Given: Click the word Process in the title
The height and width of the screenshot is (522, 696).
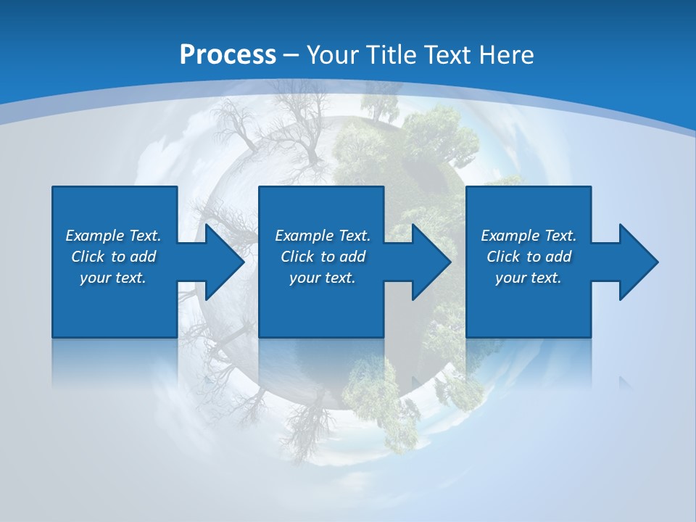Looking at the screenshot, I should [x=228, y=55].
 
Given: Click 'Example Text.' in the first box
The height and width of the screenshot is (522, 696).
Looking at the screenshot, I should [x=113, y=236].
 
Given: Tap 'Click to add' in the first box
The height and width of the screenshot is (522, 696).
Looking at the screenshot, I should [x=113, y=257].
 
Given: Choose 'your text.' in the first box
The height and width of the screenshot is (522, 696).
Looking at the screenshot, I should [x=113, y=278].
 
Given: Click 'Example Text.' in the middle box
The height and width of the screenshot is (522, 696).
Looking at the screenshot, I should [x=323, y=236].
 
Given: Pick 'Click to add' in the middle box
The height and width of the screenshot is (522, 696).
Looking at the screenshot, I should [x=323, y=257].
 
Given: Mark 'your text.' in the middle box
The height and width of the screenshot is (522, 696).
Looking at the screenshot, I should [x=323, y=278].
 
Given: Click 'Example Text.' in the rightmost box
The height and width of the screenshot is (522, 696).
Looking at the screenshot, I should [x=529, y=236].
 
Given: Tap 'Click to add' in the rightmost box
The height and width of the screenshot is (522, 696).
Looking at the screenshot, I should [x=529, y=257].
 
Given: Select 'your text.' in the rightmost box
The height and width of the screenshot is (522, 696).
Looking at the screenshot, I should [x=529, y=278].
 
